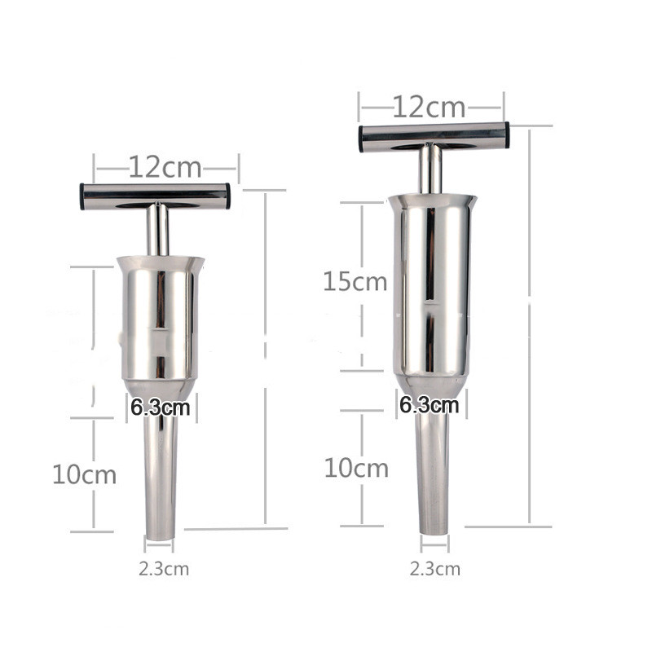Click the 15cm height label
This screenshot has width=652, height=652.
(x=355, y=282)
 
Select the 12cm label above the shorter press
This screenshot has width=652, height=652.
(x=165, y=168)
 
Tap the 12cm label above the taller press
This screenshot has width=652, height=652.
(x=429, y=107)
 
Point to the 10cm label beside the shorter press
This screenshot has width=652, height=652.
(x=84, y=474)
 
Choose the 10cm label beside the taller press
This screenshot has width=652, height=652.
(x=356, y=469)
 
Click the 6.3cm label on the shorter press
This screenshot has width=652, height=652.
(x=160, y=407)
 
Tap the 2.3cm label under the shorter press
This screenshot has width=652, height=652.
(x=163, y=569)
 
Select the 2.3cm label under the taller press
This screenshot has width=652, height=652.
(x=434, y=568)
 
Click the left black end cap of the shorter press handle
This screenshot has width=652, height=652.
(x=83, y=196)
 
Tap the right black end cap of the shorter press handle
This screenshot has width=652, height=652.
(x=227, y=196)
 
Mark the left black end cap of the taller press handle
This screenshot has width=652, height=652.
(x=363, y=138)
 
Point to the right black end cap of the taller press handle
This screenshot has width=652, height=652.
(x=505, y=134)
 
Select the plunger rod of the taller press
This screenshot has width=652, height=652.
(x=430, y=170)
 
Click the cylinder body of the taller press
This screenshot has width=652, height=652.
(x=432, y=285)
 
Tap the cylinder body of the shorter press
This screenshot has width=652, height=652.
(x=160, y=322)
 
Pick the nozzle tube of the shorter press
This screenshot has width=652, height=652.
(x=161, y=481)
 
